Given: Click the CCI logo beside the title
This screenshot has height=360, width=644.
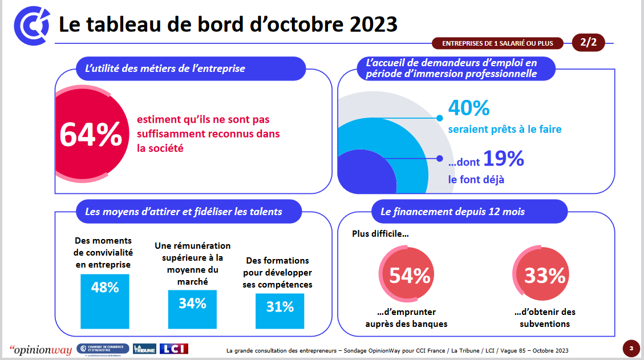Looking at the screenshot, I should coord(32,25).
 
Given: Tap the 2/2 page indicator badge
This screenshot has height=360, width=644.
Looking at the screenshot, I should coord(588,42).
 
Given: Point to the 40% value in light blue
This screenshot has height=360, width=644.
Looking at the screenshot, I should coord(469,108).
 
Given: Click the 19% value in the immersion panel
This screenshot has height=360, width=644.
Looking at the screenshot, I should coord(503,159).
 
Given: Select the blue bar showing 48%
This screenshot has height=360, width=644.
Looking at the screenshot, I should coord(105,301).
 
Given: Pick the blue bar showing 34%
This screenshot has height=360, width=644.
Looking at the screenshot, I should coord(192,309).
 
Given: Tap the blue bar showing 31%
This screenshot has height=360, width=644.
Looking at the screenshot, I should coord(280,311).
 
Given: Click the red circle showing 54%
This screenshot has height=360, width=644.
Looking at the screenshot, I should coord(409,276).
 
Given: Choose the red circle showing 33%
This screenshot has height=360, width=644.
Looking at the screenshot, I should coord(544,276).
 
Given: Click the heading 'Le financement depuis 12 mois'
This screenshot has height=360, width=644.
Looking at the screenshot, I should coord(452,212).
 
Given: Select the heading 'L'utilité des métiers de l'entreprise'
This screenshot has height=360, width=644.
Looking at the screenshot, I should coord(165,68).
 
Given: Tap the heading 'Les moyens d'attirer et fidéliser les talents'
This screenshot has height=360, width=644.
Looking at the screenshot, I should coord(183,212).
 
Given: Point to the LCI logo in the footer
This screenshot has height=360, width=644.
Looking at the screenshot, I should coord(173,349).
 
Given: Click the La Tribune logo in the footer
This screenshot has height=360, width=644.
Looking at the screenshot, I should coord(144,349).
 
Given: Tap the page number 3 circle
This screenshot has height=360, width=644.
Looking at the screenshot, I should coord(631,348).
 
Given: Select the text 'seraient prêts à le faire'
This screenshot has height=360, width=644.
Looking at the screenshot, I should coord(504,130).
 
